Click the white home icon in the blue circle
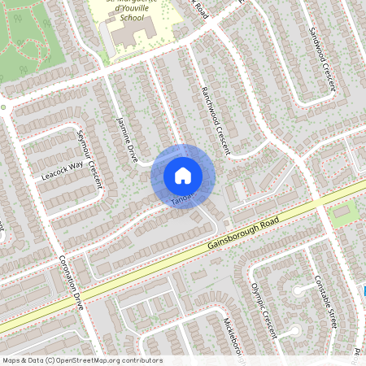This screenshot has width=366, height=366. point(182,175)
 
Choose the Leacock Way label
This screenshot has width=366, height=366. point(63,170)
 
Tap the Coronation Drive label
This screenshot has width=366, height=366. point(72,285)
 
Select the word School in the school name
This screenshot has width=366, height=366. point(130,16)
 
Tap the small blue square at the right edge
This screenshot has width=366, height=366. point(364,290)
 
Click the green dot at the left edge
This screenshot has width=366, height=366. point(3,107)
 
